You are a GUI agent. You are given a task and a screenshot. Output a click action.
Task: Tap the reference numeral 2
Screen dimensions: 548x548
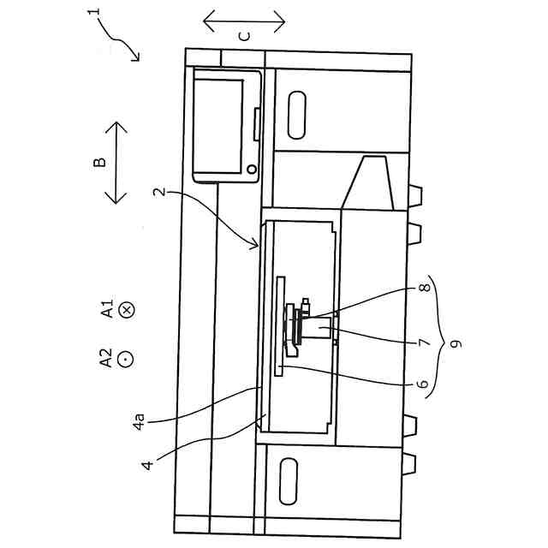159,194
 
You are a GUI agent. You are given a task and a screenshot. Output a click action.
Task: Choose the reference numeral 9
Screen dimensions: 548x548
456,343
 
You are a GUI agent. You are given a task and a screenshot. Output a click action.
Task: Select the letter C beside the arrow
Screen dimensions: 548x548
244,35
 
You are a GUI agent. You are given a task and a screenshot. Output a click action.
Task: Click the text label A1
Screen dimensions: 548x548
107,309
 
